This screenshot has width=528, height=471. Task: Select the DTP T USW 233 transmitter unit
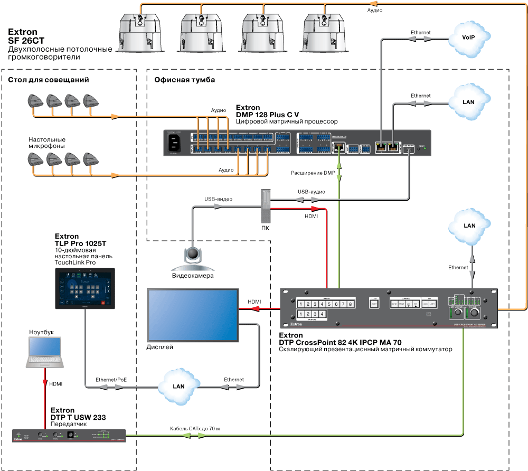click(69, 436)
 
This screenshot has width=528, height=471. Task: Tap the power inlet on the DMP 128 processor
click(175, 143)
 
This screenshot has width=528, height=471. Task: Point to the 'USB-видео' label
click(218, 199)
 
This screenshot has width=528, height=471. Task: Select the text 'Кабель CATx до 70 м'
click(194, 428)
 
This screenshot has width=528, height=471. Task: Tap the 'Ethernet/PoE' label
click(111, 380)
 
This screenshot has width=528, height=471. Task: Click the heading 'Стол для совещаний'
click(48, 80)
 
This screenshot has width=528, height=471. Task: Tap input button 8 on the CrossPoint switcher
click(350, 304)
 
